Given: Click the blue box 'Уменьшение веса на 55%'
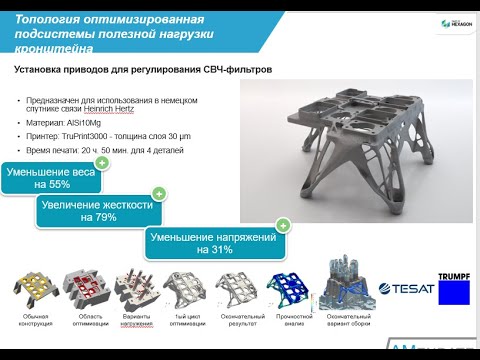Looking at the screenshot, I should [51, 178].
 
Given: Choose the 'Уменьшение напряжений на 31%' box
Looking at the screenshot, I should [214, 243].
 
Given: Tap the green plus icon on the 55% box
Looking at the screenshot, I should [101, 161].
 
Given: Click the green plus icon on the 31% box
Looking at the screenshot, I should [283, 226].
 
